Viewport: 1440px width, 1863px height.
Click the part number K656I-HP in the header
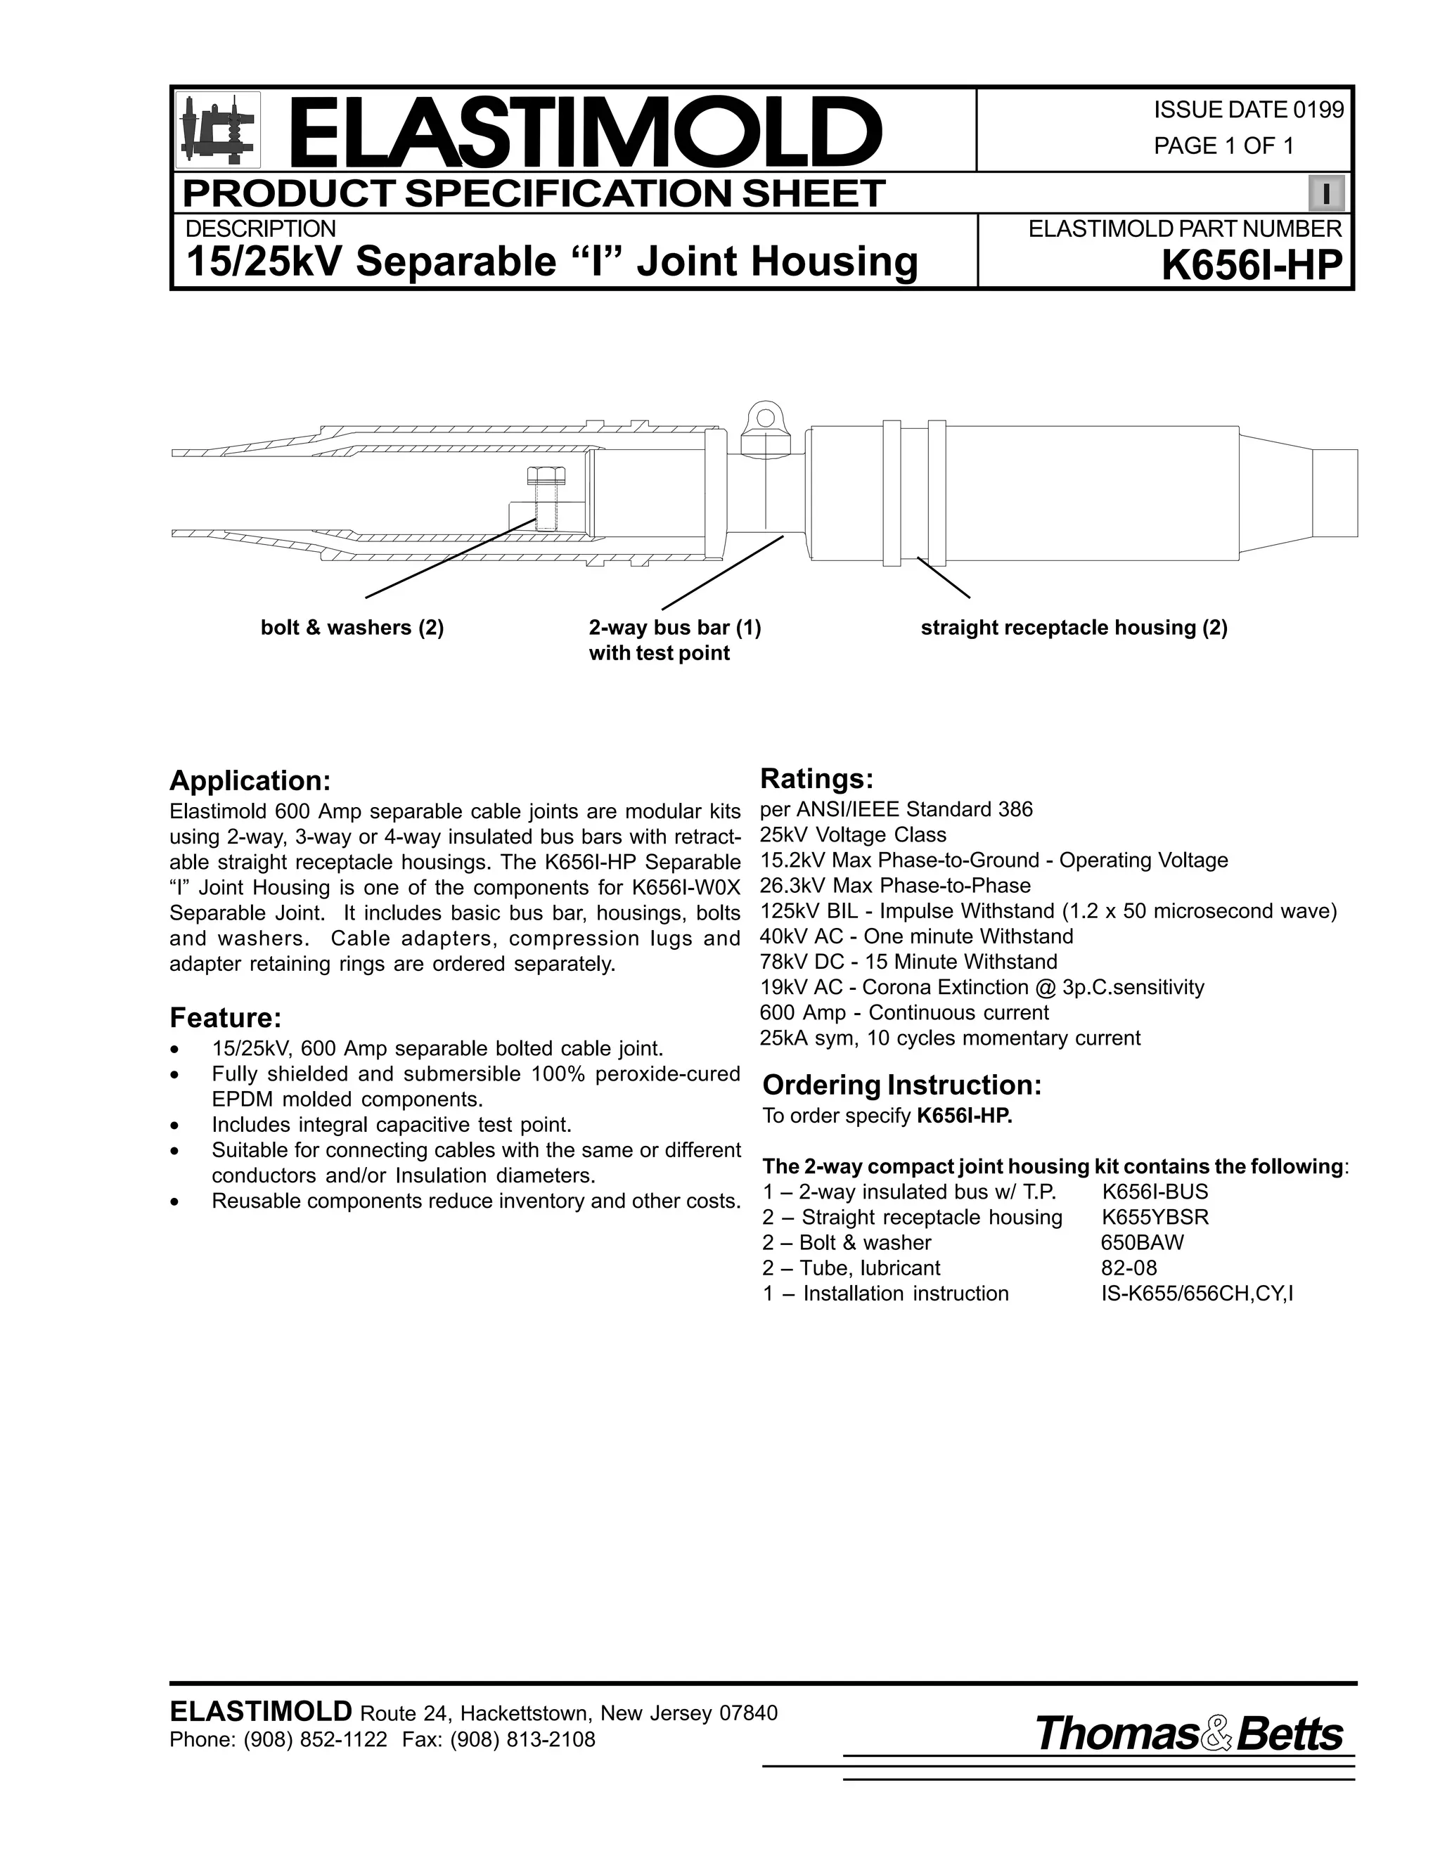1252,264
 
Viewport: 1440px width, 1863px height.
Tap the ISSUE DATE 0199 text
1248,110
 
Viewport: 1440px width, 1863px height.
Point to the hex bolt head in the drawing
544,475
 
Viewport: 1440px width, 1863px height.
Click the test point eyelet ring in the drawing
765,419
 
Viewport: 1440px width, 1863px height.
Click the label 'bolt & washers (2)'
352,628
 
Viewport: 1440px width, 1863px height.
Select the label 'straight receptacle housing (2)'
1073,628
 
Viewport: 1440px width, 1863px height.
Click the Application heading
249,780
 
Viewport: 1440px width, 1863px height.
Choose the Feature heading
225,1018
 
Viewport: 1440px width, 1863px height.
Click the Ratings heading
816,779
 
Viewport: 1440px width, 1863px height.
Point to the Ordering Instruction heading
901,1085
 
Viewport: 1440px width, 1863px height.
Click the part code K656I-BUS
1155,1192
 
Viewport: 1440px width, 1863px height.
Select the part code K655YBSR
1155,1217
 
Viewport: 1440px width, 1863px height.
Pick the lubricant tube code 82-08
1129,1268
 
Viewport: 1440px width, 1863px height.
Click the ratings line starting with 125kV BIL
1048,911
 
